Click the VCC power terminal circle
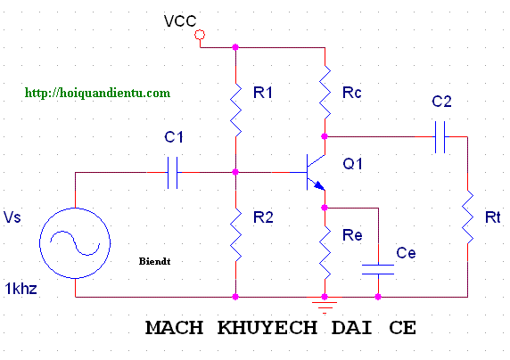click(200, 35)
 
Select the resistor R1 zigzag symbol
click(235, 110)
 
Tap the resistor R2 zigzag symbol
click(235, 234)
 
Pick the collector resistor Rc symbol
click(325, 92)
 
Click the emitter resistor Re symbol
click(325, 252)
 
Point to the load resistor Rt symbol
click(468, 217)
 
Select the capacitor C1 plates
click(172, 172)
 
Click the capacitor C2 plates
click(440, 137)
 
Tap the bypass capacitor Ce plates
click(378, 270)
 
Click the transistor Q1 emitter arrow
click(319, 185)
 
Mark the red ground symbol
click(325, 306)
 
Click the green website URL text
click(97, 93)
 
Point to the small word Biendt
click(154, 261)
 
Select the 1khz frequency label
click(21, 289)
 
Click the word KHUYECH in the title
click(267, 328)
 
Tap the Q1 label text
click(352, 164)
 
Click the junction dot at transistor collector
click(325, 136)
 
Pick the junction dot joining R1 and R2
click(235, 172)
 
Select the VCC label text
click(180, 21)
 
